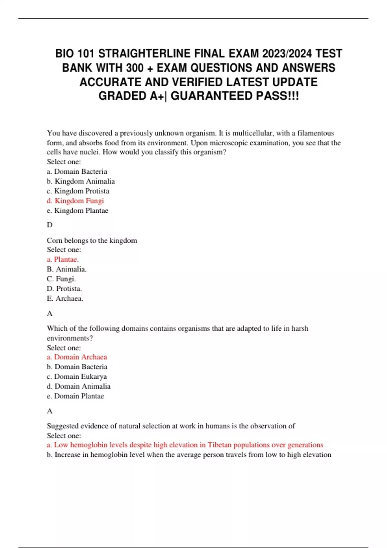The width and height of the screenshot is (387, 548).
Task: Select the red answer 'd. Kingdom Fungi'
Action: coord(75,201)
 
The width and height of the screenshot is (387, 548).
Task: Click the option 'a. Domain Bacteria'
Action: coord(77,171)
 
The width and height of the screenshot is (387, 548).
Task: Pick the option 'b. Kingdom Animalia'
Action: coord(81,181)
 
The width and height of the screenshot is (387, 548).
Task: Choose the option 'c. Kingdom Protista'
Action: coord(78,191)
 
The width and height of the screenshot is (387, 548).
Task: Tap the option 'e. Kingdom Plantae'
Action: coord(77,210)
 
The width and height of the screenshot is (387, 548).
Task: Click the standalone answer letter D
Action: coord(50,225)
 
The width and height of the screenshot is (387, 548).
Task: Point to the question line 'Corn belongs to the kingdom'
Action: coord(92,240)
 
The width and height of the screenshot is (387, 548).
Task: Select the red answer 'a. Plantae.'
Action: coord(63,259)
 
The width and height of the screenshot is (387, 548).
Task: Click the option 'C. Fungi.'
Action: coord(61,279)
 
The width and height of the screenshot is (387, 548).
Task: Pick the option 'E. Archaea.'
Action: coord(65,298)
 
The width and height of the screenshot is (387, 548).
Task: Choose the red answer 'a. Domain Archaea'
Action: coord(77,357)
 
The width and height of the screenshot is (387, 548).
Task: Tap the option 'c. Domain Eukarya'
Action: coord(76,377)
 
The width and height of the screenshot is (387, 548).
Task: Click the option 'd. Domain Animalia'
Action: coord(78,386)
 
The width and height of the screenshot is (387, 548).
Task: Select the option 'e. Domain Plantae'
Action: coord(75,396)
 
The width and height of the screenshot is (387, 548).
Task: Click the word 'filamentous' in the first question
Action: coord(315,133)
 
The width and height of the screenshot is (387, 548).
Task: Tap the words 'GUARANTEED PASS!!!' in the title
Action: coord(234,96)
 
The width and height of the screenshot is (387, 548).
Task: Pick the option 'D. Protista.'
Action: coord(64,289)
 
